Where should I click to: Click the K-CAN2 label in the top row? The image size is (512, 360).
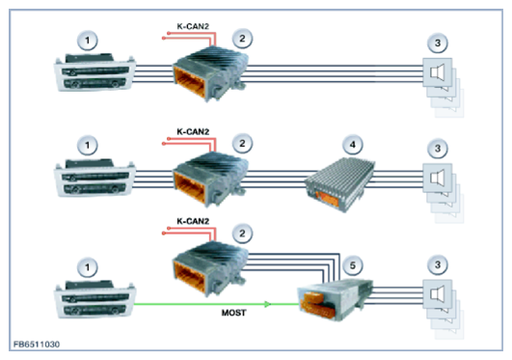193,26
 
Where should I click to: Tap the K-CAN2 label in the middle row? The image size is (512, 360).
193,132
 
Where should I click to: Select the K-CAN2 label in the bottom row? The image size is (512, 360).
193,221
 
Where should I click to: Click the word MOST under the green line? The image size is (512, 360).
233,313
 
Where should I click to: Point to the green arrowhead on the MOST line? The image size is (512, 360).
267,304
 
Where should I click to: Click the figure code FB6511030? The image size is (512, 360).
37,345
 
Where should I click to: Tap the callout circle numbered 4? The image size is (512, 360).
353,145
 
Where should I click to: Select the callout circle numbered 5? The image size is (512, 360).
353,265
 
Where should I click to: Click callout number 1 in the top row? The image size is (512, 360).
87,41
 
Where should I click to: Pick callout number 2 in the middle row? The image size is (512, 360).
242,143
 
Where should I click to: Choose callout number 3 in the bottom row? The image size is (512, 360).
438,264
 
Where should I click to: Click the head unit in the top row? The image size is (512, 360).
94,72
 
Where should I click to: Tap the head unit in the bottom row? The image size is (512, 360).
94,299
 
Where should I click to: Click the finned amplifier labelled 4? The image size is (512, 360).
339,183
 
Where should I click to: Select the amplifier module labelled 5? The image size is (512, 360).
335,299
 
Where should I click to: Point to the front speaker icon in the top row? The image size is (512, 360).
438,72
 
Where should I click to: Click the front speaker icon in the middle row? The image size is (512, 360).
438,178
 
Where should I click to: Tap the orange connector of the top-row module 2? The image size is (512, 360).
189,82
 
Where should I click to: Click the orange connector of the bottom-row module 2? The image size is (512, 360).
189,276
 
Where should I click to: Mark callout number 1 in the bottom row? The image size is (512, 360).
87,267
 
